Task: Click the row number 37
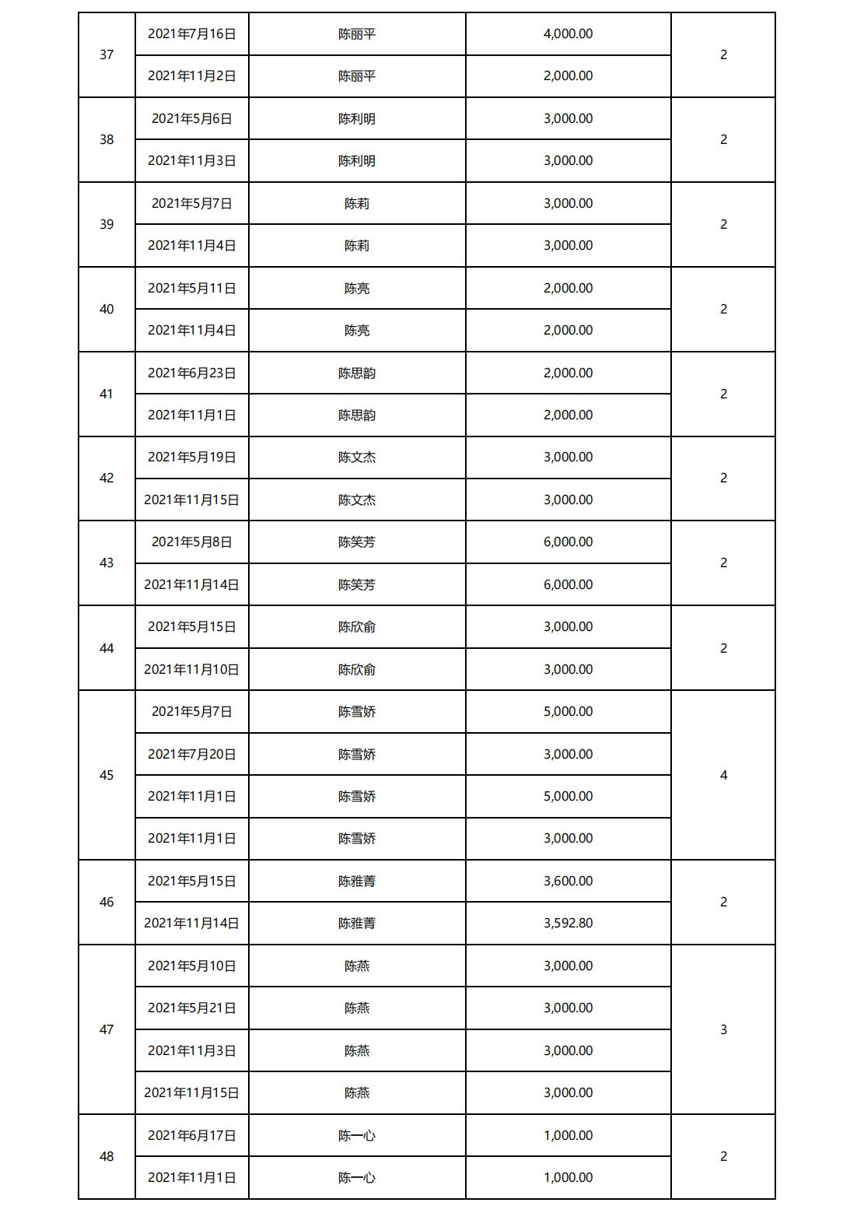pyautogui.click(x=107, y=54)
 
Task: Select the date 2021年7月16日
pyautogui.click(x=191, y=33)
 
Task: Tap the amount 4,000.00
pyautogui.click(x=568, y=33)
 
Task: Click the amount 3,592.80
pyautogui.click(x=568, y=923)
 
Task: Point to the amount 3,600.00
pyautogui.click(x=568, y=881)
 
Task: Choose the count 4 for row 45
pyautogui.click(x=723, y=775)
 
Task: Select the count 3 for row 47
pyautogui.click(x=723, y=1029)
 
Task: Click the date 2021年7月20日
pyautogui.click(x=191, y=754)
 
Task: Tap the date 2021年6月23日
pyautogui.click(x=191, y=373)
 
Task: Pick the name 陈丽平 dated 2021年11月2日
pyautogui.click(x=357, y=76)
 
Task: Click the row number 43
pyautogui.click(x=107, y=563)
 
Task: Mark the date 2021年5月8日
pyautogui.click(x=191, y=542)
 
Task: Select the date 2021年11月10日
pyautogui.click(x=191, y=669)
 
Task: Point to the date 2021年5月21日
pyautogui.click(x=191, y=1008)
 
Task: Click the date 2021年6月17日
pyautogui.click(x=191, y=1135)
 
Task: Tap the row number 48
pyautogui.click(x=107, y=1156)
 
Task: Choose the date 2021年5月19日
pyautogui.click(x=191, y=457)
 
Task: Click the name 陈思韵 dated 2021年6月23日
pyautogui.click(x=357, y=373)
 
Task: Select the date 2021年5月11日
pyautogui.click(x=191, y=288)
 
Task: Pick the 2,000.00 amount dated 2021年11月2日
pyautogui.click(x=568, y=76)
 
